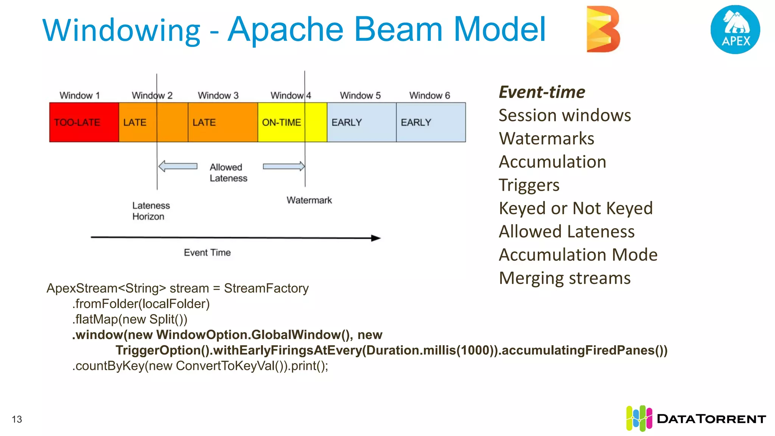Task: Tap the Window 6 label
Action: (430, 95)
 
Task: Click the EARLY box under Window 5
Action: (361, 122)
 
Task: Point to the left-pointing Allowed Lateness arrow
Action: (178, 166)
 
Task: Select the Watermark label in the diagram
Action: (309, 200)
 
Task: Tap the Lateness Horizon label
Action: (151, 211)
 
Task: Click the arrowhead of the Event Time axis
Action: (376, 238)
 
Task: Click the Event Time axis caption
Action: (207, 252)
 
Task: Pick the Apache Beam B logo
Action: (602, 29)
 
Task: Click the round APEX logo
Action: (735, 30)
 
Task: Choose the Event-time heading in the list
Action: (542, 92)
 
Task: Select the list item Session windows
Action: (564, 115)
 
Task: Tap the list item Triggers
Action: (529, 185)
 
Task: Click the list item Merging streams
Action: (564, 278)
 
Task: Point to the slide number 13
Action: (17, 419)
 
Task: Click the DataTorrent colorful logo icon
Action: (639, 418)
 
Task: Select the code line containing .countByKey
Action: (200, 366)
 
